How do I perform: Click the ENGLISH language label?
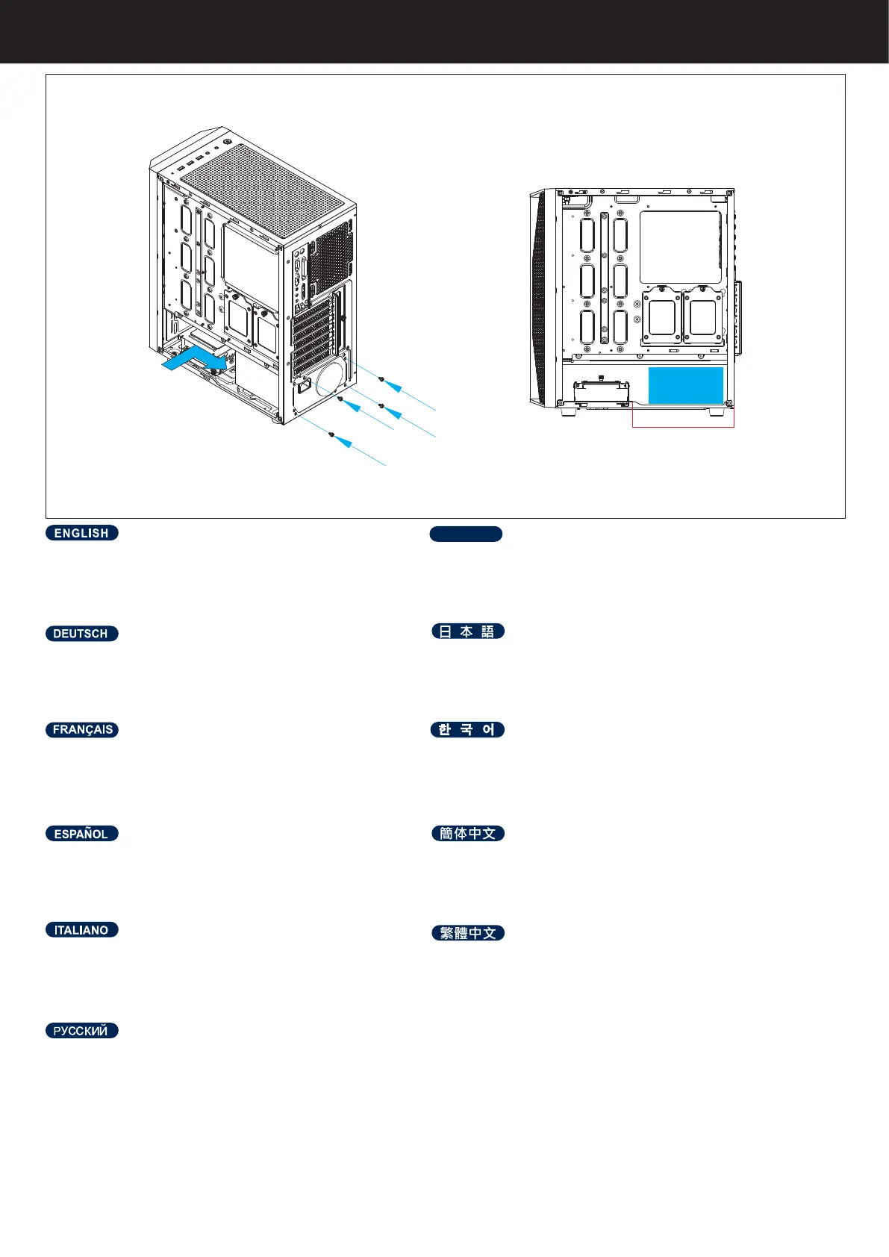[x=81, y=533]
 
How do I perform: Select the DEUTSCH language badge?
[x=81, y=634]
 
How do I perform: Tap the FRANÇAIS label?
[x=82, y=730]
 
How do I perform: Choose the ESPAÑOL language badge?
[x=81, y=834]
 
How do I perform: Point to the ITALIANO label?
[x=81, y=930]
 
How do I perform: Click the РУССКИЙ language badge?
[x=81, y=1031]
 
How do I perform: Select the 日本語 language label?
[x=468, y=631]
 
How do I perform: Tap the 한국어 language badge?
[x=467, y=730]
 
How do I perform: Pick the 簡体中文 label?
[x=468, y=834]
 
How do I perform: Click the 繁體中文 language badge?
[x=468, y=933]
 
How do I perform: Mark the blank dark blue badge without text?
[x=466, y=534]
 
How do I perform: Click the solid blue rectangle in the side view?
[x=685, y=385]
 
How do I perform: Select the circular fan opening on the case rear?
[x=330, y=380]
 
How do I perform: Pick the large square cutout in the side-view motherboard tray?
[x=681, y=247]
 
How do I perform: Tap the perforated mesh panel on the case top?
[x=265, y=190]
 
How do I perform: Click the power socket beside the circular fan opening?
[x=304, y=387]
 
